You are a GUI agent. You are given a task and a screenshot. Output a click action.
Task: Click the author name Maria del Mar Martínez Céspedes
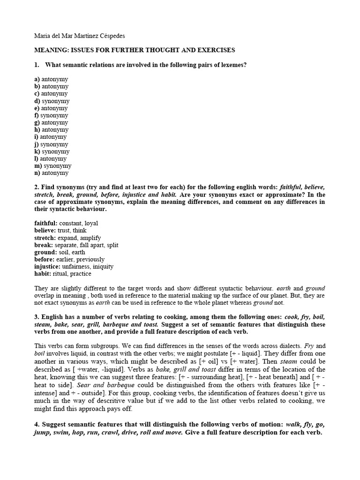[x=80, y=36]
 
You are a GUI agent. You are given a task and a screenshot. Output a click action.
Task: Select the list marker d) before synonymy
[x=37, y=101]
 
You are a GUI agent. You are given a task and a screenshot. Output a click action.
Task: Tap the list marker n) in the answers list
[x=37, y=173]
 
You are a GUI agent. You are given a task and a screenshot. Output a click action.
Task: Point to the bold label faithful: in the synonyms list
[x=46, y=224]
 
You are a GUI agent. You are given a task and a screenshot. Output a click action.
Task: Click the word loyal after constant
[x=91, y=224]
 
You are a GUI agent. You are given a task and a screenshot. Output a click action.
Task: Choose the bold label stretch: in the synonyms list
[x=45, y=238]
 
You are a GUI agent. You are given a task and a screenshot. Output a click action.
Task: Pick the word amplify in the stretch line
[x=90, y=238]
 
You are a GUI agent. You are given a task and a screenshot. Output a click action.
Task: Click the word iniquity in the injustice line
[x=104, y=267]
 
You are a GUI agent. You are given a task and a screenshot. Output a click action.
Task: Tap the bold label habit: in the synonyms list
[x=43, y=274]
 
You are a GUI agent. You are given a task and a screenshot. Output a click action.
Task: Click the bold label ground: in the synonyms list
[x=45, y=252]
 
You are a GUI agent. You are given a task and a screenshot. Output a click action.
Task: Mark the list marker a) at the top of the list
[x=37, y=79]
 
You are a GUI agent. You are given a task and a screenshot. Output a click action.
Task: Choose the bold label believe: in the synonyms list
[x=45, y=231]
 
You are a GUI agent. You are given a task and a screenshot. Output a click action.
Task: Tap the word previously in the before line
[x=90, y=259]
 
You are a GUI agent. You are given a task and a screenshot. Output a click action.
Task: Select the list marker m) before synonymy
[x=38, y=166]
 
